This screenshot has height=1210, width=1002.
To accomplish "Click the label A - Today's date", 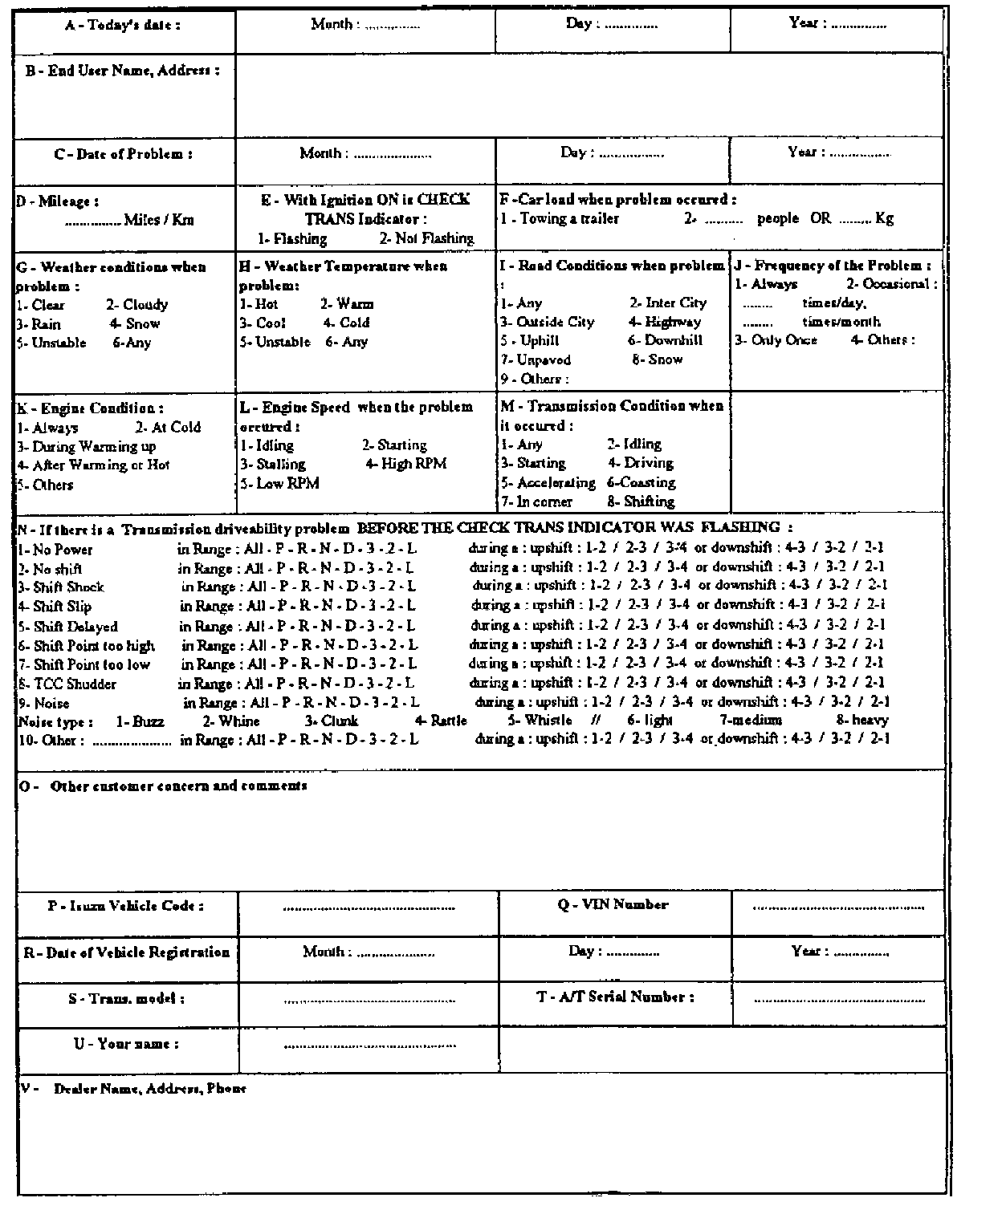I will (122, 25).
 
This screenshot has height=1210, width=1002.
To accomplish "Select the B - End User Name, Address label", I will (122, 71).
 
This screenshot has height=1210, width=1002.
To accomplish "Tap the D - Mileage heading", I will (58, 202).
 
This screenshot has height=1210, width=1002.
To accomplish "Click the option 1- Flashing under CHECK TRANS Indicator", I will (292, 238).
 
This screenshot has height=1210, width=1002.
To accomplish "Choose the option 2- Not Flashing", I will (426, 238).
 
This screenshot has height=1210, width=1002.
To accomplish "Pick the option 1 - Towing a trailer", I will (560, 218).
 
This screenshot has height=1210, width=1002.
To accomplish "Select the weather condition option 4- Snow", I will (135, 324).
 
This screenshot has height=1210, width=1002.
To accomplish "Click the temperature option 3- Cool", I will (263, 323).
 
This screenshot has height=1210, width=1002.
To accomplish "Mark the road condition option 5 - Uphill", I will (530, 341).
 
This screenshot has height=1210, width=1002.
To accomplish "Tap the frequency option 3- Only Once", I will (776, 340).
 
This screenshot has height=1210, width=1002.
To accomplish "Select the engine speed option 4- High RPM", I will (405, 464).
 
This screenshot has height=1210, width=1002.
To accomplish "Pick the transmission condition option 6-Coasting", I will (642, 483).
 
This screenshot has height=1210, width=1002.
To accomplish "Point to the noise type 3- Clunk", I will (332, 721).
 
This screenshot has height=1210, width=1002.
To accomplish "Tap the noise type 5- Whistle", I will (540, 721).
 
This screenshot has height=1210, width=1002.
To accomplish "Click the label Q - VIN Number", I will (613, 905).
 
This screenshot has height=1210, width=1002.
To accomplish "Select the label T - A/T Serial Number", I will (615, 997).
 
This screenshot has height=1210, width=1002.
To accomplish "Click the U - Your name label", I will (127, 1044).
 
